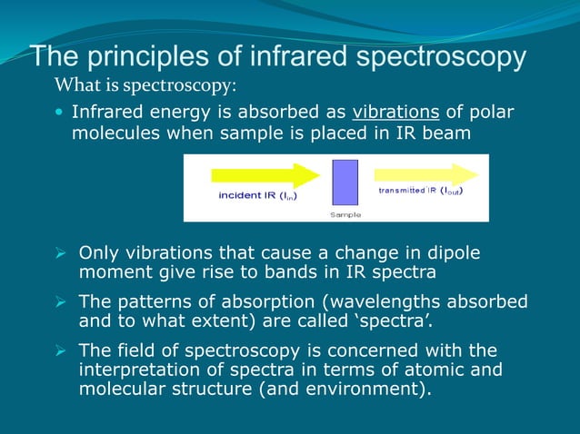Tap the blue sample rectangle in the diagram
click(x=345, y=182)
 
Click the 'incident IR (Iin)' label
click(x=257, y=195)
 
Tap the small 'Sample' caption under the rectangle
click(x=345, y=215)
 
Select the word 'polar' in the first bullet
click(x=492, y=113)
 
